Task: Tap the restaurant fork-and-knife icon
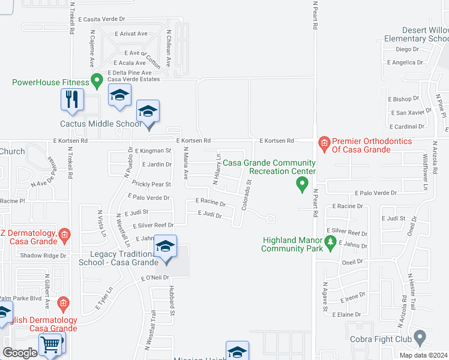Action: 72,98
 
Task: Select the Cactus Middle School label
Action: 101,124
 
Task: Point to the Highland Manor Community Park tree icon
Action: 330,242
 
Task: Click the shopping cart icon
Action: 50,344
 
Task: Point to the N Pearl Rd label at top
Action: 314,18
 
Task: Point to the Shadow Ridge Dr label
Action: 43,256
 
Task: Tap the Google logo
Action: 20,353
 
